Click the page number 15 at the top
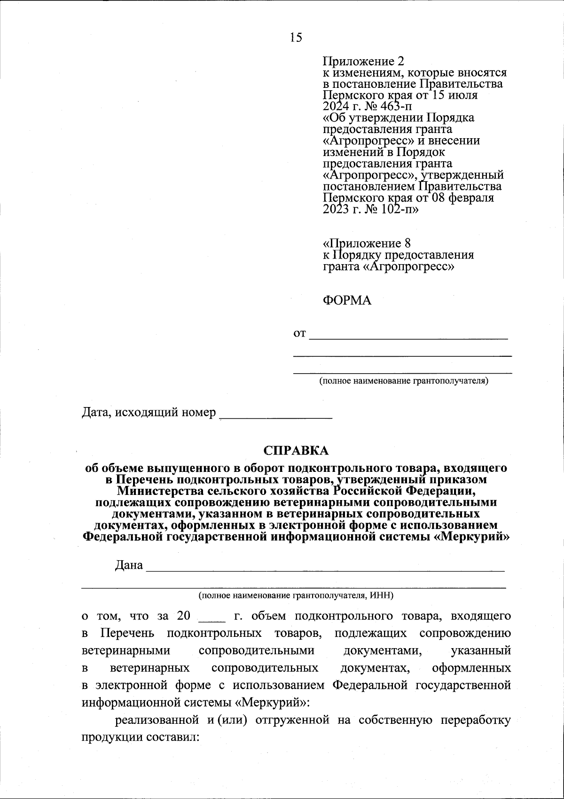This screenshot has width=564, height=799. tap(296, 38)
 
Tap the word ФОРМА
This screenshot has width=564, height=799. tap(347, 300)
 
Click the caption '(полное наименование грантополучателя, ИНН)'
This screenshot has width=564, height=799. tap(296, 595)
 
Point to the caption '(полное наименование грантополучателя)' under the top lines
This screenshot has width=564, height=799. tap(404, 380)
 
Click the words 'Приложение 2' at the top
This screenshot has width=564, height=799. tap(363, 61)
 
